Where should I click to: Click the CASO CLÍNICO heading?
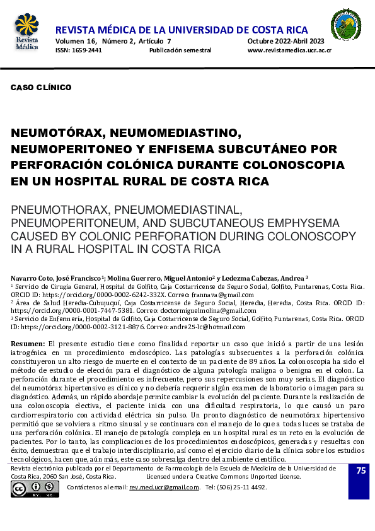(x=41, y=88)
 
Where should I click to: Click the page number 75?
(x=361, y=471)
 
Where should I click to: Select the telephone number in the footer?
(x=236, y=487)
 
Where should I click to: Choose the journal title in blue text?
(x=182, y=30)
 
